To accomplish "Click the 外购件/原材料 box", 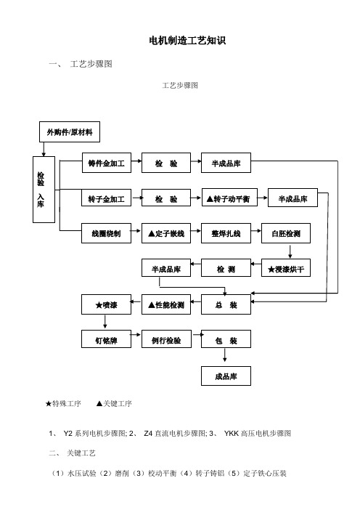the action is pyautogui.click(x=70, y=131).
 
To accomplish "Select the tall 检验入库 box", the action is pyautogui.click(x=44, y=190).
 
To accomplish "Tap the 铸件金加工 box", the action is pyautogui.click(x=107, y=163).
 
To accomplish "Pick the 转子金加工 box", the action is pyautogui.click(x=106, y=198).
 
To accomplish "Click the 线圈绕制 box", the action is pyautogui.click(x=106, y=233).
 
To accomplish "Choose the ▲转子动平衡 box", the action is pyautogui.click(x=229, y=198).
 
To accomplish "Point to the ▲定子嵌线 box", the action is pyautogui.click(x=166, y=233).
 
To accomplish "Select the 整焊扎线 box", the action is pyautogui.click(x=226, y=233).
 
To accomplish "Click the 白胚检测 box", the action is pyautogui.click(x=286, y=233).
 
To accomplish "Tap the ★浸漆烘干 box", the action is pyautogui.click(x=286, y=268).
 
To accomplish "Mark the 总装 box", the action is pyautogui.click(x=226, y=304).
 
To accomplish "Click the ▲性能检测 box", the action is pyautogui.click(x=166, y=304).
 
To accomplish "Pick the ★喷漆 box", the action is pyautogui.click(x=106, y=304).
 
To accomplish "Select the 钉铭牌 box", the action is pyautogui.click(x=106, y=339).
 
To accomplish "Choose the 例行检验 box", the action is pyautogui.click(x=166, y=339).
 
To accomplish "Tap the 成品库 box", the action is pyautogui.click(x=226, y=376).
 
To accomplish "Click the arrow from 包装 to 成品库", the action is pyautogui.click(x=224, y=355).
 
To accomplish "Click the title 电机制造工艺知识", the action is pyautogui.click(x=187, y=41).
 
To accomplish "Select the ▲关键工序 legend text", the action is pyautogui.click(x=114, y=404).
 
